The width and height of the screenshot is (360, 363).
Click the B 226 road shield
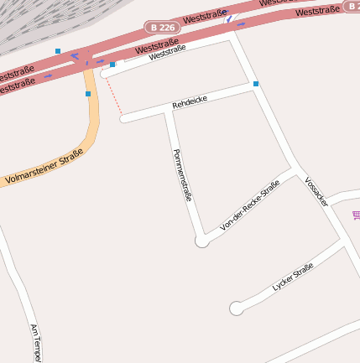pyautogui.click(x=158, y=28)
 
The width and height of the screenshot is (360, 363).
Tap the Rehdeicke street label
pyautogui.click(x=189, y=102)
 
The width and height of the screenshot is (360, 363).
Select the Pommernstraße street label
pyautogui.click(x=182, y=175)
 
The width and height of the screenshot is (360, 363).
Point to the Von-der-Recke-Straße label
pyautogui.click(x=249, y=205)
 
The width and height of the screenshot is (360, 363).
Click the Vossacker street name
pyautogui.click(x=316, y=192)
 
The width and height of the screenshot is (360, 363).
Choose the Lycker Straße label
pyautogui.click(x=293, y=277)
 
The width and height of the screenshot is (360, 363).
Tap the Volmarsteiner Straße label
pyautogui.click(x=44, y=166)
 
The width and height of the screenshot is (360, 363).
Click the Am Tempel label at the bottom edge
pyautogui.click(x=35, y=343)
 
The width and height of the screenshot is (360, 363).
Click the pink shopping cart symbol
pyautogui.click(x=357, y=215)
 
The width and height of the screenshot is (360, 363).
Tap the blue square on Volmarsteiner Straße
pyautogui.click(x=87, y=94)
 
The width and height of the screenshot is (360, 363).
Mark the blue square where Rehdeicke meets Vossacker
pyautogui.click(x=255, y=84)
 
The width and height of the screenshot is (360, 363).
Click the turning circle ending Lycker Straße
pyautogui.click(x=237, y=308)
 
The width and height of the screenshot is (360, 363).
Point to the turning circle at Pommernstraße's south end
pyautogui.click(x=201, y=241)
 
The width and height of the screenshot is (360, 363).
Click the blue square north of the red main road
pyautogui.click(x=58, y=51)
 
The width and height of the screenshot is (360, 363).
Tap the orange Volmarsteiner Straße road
pyautogui.click(x=91, y=126)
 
